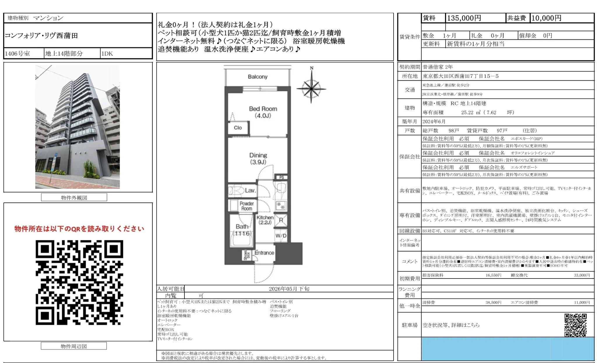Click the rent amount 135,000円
(x=464, y=18)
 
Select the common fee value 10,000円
(x=546, y=18)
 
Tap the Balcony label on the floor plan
(x=258, y=77)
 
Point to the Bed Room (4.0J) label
(x=263, y=112)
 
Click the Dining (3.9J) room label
(x=258, y=158)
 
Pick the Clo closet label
(x=238, y=128)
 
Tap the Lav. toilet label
(x=250, y=191)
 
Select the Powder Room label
(x=246, y=206)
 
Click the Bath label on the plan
(x=242, y=227)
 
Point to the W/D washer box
(x=281, y=236)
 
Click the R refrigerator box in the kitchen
(x=281, y=220)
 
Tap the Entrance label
(x=264, y=253)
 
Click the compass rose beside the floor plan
(x=311, y=88)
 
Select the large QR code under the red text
(x=79, y=282)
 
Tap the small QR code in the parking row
(x=575, y=325)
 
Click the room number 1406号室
(x=17, y=54)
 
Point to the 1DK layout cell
(x=107, y=54)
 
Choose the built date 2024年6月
(x=434, y=121)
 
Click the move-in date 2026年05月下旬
(x=289, y=289)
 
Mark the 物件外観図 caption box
(x=74, y=198)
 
